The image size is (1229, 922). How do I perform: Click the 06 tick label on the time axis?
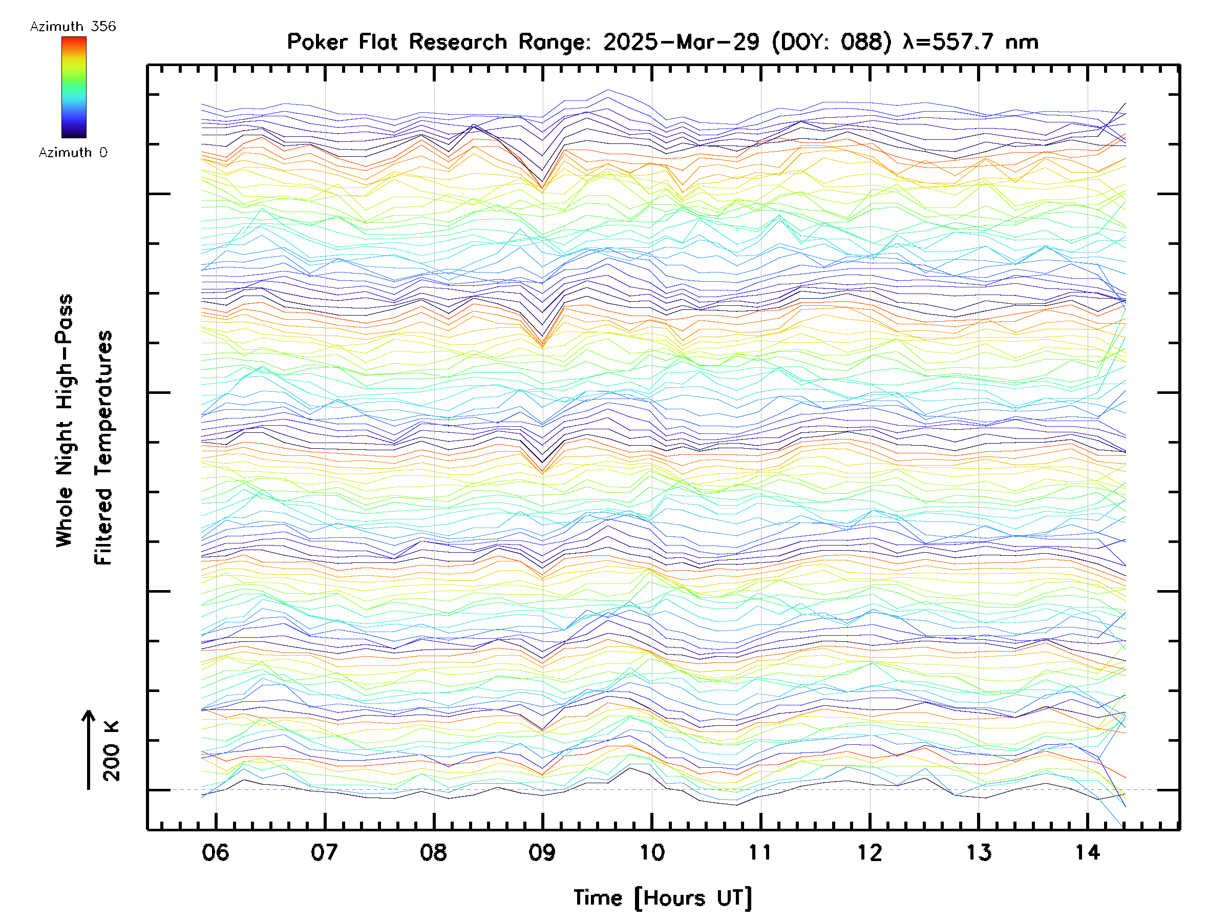click(215, 852)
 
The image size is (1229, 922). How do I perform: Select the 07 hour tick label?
click(324, 852)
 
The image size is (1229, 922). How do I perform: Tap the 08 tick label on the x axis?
click(433, 852)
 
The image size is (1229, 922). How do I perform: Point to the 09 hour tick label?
click(542, 852)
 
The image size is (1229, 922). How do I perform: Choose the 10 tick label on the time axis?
click(651, 852)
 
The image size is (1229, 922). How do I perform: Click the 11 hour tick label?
click(760, 852)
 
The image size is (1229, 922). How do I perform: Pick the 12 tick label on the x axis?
click(869, 852)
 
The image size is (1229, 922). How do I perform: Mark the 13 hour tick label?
click(979, 852)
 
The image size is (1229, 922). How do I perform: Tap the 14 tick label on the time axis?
click(1087, 852)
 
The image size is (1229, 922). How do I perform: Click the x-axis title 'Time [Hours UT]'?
click(662, 898)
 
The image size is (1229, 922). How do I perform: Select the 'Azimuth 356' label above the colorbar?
click(73, 27)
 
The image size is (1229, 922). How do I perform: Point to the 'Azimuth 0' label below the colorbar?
click(73, 153)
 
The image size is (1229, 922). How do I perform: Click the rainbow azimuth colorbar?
click(74, 87)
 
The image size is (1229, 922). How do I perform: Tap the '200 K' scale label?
click(111, 751)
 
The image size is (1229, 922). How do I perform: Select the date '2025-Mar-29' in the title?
click(681, 42)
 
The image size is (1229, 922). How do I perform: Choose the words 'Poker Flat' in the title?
click(342, 42)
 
